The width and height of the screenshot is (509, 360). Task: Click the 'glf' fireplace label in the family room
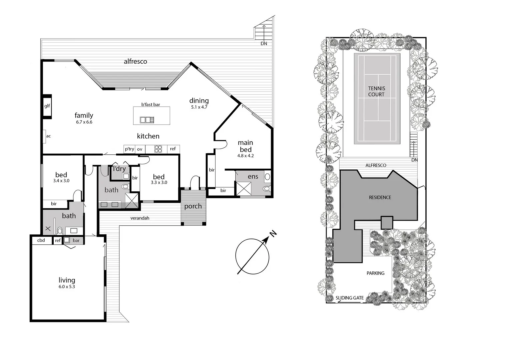(47, 106)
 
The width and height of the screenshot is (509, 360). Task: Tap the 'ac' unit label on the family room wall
(48, 136)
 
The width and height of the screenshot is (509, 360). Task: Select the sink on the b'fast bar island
(147, 120)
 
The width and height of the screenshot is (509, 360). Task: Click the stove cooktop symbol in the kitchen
(158, 149)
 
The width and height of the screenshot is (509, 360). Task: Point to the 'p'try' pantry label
(129, 149)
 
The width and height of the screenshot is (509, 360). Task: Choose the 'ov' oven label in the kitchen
(140, 149)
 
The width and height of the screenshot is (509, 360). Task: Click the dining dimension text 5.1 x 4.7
(199, 107)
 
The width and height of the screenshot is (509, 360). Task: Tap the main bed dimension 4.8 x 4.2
(245, 156)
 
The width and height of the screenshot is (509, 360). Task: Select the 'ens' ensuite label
(253, 177)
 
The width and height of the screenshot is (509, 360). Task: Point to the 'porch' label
(193, 206)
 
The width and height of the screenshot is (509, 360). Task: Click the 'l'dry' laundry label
(119, 169)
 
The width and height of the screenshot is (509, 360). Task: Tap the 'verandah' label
(140, 218)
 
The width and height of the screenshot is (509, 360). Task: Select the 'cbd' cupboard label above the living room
(41, 240)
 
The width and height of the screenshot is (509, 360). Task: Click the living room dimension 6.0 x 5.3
(67, 287)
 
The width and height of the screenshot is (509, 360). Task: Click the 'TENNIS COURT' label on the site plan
(376, 91)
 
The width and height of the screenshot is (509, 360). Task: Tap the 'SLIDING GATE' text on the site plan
(349, 298)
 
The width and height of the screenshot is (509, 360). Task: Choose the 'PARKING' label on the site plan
(375, 273)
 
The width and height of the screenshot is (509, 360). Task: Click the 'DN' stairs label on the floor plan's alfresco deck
(264, 44)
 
